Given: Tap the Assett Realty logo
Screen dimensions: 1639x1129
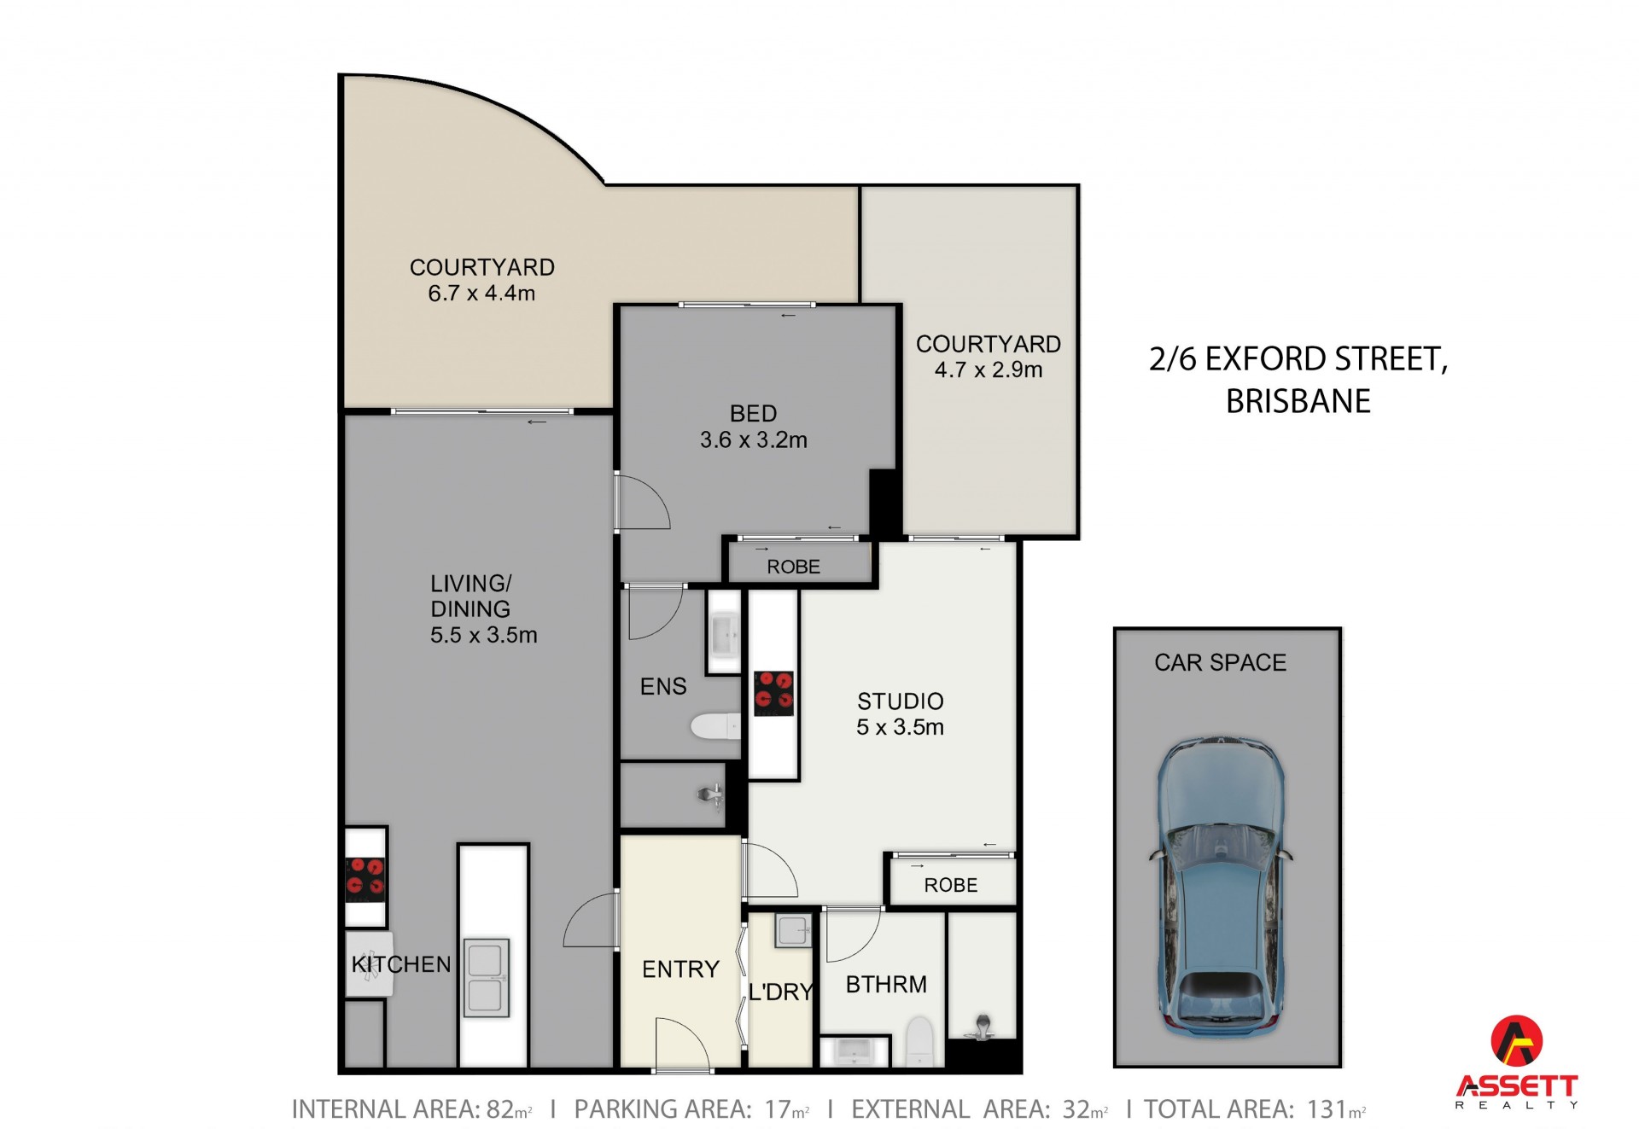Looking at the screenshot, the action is (x=1516, y=1062).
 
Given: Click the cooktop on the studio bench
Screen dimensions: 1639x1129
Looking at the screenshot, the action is (x=773, y=693).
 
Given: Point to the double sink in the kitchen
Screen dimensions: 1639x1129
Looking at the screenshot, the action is (x=486, y=978).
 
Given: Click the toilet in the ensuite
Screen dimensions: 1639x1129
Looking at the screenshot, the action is (x=715, y=726).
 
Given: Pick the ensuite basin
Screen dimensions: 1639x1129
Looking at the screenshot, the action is (x=724, y=634).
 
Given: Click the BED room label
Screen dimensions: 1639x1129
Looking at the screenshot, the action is (x=753, y=414).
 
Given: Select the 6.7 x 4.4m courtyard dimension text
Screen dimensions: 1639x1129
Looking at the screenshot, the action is (x=481, y=294).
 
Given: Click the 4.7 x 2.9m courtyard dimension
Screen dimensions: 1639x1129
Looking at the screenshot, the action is (x=989, y=370).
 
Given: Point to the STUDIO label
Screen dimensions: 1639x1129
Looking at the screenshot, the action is (x=901, y=701).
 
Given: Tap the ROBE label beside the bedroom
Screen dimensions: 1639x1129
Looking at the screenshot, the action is (x=793, y=567).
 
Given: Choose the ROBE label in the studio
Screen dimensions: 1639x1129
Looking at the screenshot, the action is (x=951, y=886).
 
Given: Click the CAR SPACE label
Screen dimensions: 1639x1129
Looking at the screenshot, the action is (x=1221, y=663).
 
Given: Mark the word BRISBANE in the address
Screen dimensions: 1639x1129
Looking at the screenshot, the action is (x=1298, y=401).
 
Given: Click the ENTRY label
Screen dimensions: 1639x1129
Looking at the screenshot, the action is (x=680, y=969).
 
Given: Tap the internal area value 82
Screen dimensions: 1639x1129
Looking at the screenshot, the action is (x=499, y=1109).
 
